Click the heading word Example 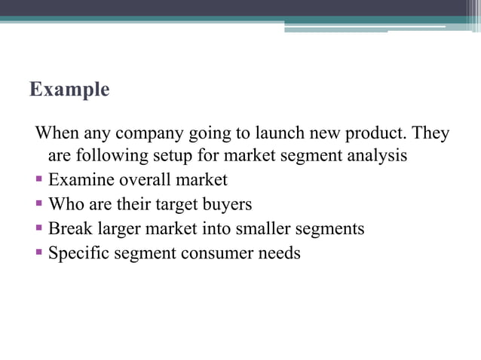pyautogui.click(x=69, y=90)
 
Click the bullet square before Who pyautogui.click(x=39, y=204)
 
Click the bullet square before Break pyautogui.click(x=39, y=228)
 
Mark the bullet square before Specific pyautogui.click(x=39, y=252)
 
